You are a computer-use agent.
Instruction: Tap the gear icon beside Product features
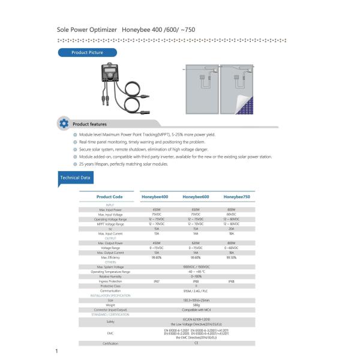[x=64, y=124]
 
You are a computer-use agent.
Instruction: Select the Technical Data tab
[x=76, y=178]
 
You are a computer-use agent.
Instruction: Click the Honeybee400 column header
[x=155, y=197]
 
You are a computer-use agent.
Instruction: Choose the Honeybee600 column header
[x=196, y=197]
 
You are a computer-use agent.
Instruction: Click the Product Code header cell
[x=110, y=197]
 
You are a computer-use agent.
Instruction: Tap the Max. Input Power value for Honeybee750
[x=232, y=209]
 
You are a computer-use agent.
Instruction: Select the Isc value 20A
[x=232, y=229]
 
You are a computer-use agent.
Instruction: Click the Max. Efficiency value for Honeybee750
[x=232, y=257]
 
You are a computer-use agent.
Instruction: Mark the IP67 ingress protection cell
[x=157, y=281]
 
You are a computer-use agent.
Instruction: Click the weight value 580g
[x=196, y=304]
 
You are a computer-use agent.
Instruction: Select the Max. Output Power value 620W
[x=196, y=243]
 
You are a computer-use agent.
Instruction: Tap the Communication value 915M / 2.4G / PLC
[x=196, y=290]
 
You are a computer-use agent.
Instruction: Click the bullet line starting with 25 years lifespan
[x=123, y=164]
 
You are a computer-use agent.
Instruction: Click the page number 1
[x=56, y=351]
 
